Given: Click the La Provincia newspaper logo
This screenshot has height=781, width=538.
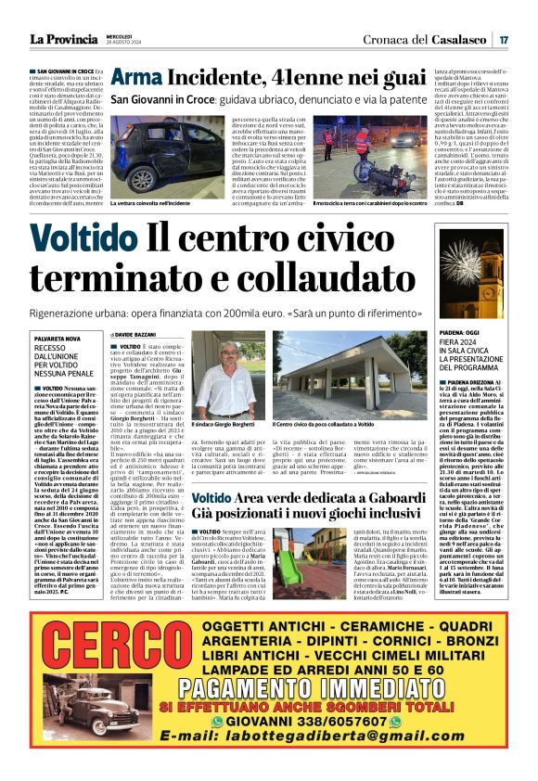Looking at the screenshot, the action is coord(62,40).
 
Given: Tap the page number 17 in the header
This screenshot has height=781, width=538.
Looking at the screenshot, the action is coord(502,40).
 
